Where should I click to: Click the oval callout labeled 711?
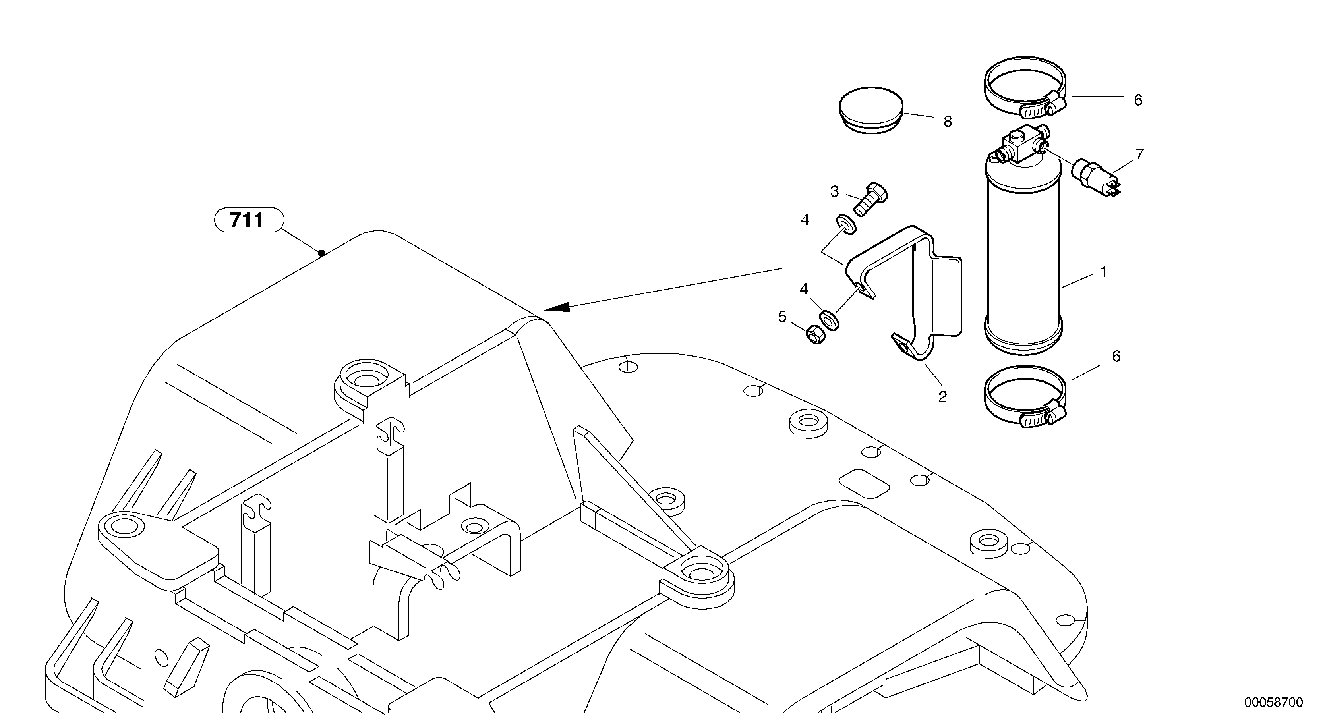[248, 220]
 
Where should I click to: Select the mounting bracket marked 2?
[921, 293]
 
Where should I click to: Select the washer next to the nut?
[829, 319]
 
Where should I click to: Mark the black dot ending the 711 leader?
[321, 253]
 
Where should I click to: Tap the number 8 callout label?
[948, 122]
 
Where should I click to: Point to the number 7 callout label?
[1139, 154]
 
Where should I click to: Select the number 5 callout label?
[782, 317]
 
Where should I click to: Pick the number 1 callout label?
[1103, 272]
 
